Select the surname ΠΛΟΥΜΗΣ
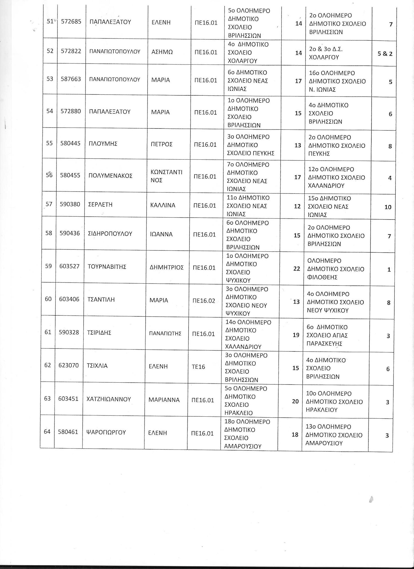[103, 144]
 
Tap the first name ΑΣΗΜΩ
[162, 52]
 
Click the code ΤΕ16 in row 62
[198, 367]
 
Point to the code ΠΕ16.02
[204, 301]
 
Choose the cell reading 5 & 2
[385, 54]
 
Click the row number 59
[48, 266]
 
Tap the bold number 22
[297, 269]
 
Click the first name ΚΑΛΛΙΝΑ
[163, 205]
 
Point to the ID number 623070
[68, 365]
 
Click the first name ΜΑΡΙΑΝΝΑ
[164, 400]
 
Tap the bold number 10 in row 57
[388, 207]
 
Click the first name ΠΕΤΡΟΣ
[161, 144]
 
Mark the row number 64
[47, 431]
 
